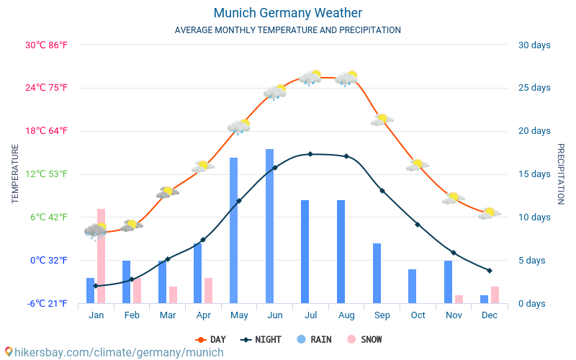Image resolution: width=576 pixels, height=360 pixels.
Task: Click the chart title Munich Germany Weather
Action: (x=287, y=13)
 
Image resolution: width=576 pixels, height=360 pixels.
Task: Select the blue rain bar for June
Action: (x=270, y=226)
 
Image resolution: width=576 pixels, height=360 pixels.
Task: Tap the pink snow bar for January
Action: (x=102, y=256)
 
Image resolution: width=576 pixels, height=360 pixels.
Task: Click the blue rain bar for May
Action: (x=234, y=230)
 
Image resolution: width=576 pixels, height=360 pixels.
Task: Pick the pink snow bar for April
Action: (x=208, y=290)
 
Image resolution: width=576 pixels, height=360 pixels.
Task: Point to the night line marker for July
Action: (x=310, y=154)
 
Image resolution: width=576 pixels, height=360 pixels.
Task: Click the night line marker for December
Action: (x=490, y=271)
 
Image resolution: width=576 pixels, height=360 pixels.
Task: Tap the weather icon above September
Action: (x=382, y=120)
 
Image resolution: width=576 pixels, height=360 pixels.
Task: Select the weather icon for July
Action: (x=310, y=78)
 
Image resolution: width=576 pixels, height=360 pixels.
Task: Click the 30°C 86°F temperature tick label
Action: (x=46, y=45)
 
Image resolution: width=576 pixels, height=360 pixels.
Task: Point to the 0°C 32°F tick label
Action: (x=48, y=260)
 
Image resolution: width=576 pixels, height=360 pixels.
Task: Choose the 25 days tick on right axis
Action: (x=534, y=88)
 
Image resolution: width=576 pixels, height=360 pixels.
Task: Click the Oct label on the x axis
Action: (x=418, y=315)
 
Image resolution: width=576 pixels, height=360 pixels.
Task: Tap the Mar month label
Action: (x=168, y=315)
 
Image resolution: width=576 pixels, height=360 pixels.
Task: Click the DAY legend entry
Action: (x=210, y=339)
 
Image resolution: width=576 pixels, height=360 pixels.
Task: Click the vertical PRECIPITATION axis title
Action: (x=561, y=174)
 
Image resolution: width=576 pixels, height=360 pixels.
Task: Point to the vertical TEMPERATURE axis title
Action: (x=15, y=174)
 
